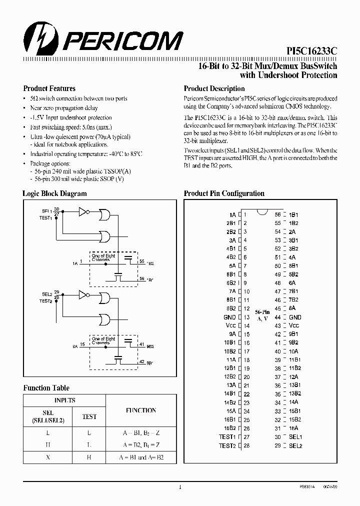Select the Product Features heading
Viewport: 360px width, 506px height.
[x=49, y=88]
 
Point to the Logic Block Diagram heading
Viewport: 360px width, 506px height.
[x=54, y=193]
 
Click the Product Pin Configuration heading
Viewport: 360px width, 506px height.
[x=224, y=193]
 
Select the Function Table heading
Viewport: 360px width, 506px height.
[x=46, y=388]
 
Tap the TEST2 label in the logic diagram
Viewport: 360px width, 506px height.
[x=46, y=301]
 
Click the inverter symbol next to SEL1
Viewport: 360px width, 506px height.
[x=83, y=212]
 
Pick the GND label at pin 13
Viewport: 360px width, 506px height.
[x=229, y=317]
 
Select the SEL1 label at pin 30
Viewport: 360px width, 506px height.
[x=295, y=437]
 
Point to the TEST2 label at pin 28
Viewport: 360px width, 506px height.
[x=227, y=445]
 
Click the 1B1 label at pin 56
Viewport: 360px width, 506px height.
[x=293, y=214]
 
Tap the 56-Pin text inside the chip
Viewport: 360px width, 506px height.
[x=262, y=312]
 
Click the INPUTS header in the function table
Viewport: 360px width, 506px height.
[x=64, y=400]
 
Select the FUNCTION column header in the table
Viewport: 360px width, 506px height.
[x=141, y=410]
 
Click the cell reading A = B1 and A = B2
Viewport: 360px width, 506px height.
[x=142, y=457]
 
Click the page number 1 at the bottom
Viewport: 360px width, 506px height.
[x=179, y=487]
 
